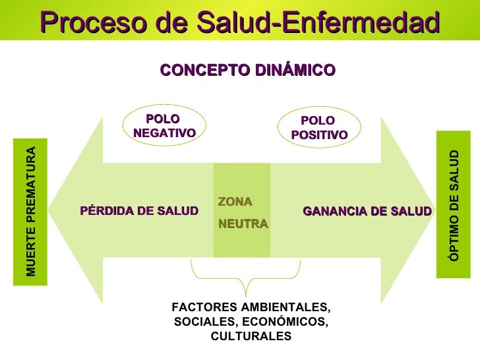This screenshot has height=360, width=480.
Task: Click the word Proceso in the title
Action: [93, 22]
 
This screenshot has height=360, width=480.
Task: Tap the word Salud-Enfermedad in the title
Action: [318, 22]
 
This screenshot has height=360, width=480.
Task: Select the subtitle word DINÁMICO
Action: [295, 69]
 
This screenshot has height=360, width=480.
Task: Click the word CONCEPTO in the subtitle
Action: [205, 70]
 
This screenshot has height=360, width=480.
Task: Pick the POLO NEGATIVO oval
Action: [164, 125]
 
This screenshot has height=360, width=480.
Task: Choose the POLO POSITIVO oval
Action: [319, 127]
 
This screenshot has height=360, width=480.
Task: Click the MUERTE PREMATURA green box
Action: [30, 212]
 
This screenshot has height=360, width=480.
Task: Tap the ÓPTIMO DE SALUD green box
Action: [454, 204]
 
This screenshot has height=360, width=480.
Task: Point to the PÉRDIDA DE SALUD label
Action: [139, 211]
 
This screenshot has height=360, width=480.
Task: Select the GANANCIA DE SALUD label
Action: [367, 211]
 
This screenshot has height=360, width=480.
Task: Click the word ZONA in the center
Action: [235, 202]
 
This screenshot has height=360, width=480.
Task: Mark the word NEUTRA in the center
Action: [243, 224]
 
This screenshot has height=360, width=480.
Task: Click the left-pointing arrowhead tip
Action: [48, 210]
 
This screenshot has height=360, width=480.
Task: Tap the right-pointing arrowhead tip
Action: [435, 210]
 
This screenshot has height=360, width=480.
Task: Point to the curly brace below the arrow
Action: [245, 279]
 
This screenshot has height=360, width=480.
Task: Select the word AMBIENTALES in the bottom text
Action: [286, 307]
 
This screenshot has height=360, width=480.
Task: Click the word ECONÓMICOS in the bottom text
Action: [285, 322]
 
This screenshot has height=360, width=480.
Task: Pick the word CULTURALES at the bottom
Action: [251, 336]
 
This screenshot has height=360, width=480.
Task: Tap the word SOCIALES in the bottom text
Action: [206, 322]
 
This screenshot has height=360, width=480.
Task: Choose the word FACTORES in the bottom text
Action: [204, 307]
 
